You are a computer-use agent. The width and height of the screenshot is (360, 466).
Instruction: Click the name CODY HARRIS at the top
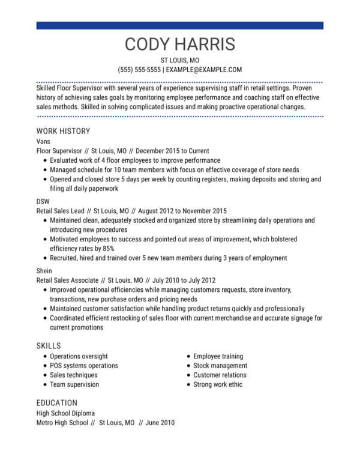click(180, 44)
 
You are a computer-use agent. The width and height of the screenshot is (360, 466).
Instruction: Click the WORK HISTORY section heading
click(63, 131)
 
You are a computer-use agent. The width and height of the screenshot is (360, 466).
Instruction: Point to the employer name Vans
click(44, 141)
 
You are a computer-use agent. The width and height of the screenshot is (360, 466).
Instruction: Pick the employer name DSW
click(44, 201)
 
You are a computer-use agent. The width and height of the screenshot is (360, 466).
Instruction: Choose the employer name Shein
click(44, 270)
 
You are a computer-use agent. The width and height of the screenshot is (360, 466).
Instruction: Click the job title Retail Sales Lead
click(60, 211)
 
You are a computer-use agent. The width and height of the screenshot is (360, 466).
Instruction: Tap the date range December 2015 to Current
click(173, 151)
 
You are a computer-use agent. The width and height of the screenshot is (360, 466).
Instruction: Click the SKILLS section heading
click(49, 345)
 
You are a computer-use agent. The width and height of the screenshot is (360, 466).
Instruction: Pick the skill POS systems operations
click(84, 365)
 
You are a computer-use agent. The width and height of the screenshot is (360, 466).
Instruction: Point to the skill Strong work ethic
click(218, 384)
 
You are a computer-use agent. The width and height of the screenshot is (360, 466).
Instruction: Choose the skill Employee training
click(218, 356)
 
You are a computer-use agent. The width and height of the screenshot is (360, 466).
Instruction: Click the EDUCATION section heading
click(57, 402)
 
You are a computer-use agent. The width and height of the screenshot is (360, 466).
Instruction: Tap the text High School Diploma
click(65, 413)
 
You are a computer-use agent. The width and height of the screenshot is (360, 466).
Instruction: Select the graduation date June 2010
click(160, 423)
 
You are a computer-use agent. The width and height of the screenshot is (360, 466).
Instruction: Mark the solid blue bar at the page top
click(180, 25)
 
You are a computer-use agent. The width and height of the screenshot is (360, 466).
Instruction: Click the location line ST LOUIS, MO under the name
click(180, 61)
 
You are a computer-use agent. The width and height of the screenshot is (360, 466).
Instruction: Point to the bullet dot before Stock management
click(188, 366)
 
